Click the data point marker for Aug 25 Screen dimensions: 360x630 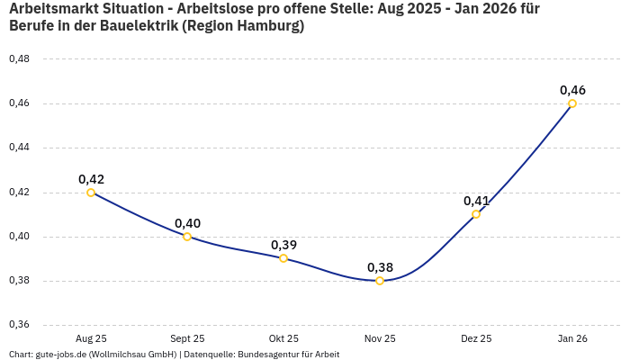pos(91,193)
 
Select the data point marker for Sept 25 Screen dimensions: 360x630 pos(187,237)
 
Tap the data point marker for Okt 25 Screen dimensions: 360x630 pos(283,258)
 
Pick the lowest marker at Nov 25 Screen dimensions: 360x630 pos(380,281)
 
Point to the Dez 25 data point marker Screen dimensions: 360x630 pos(476,214)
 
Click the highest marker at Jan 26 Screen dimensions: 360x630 pos(572,103)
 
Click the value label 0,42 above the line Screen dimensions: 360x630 pos(91,179)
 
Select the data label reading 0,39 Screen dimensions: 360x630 pos(283,245)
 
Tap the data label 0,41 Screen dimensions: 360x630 pos(476,201)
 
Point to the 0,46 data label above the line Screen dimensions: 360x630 pos(572,90)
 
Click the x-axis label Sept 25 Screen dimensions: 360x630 pos(187,338)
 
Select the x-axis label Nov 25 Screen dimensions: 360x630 pos(380,338)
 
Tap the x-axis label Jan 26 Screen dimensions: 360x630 pos(572,338)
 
